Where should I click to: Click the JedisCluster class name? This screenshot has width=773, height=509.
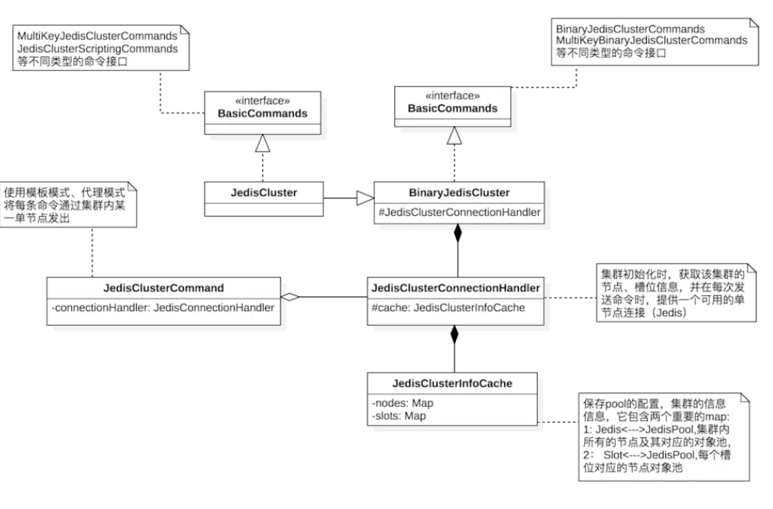[x=264, y=193]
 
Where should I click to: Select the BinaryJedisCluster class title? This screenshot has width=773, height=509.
[x=458, y=193]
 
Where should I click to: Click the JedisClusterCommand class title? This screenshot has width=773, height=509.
[x=163, y=288]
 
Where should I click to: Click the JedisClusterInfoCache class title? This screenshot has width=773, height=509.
[x=454, y=384]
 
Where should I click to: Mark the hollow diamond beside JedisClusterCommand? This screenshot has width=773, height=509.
[x=290, y=297]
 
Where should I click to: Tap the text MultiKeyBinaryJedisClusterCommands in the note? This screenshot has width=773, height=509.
[x=651, y=39]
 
